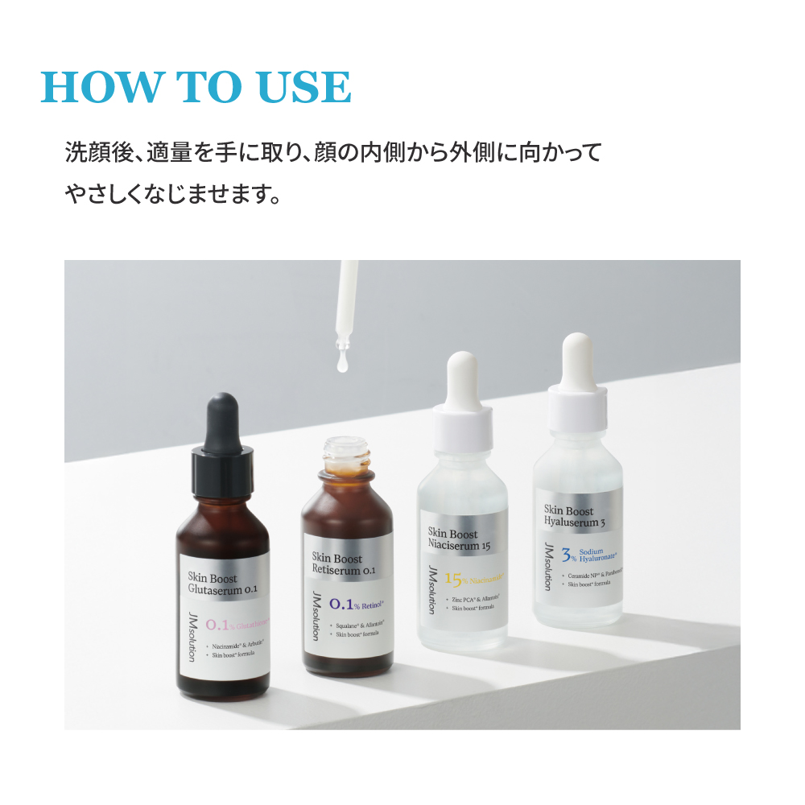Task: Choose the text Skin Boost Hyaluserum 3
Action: (x=574, y=516)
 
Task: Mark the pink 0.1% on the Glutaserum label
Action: (x=220, y=624)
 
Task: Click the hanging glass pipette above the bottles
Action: (x=347, y=306)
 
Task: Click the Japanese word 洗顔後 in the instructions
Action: (x=91, y=152)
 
